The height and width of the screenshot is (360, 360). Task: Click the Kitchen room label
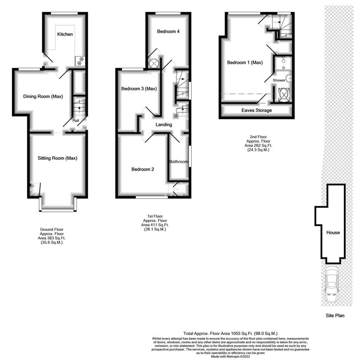tap(65, 34)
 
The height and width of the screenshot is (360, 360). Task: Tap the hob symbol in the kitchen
tap(80, 61)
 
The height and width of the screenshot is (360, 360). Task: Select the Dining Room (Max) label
tap(43, 96)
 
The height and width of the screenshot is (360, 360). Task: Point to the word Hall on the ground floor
tap(76, 120)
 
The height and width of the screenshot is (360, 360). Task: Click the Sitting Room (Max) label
tap(57, 158)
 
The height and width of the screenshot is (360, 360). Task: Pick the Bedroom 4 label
tap(168, 31)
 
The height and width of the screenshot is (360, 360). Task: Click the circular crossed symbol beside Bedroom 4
tap(154, 63)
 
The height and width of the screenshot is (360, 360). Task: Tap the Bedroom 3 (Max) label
tap(139, 89)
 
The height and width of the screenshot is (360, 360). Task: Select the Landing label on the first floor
tap(164, 125)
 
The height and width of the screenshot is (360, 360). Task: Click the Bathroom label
tap(179, 162)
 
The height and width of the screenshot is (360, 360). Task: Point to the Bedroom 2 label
tap(143, 169)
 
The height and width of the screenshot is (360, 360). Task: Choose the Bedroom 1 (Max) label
tap(245, 63)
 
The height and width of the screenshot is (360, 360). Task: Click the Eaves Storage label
tap(257, 110)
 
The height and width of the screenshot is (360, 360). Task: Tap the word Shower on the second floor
tap(279, 80)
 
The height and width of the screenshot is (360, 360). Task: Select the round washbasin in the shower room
tap(289, 78)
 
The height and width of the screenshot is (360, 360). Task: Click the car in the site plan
tap(332, 284)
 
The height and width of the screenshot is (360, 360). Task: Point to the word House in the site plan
tap(333, 232)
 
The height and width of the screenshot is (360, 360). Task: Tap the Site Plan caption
tap(335, 315)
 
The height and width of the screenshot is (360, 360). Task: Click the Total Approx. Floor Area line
tap(230, 333)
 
